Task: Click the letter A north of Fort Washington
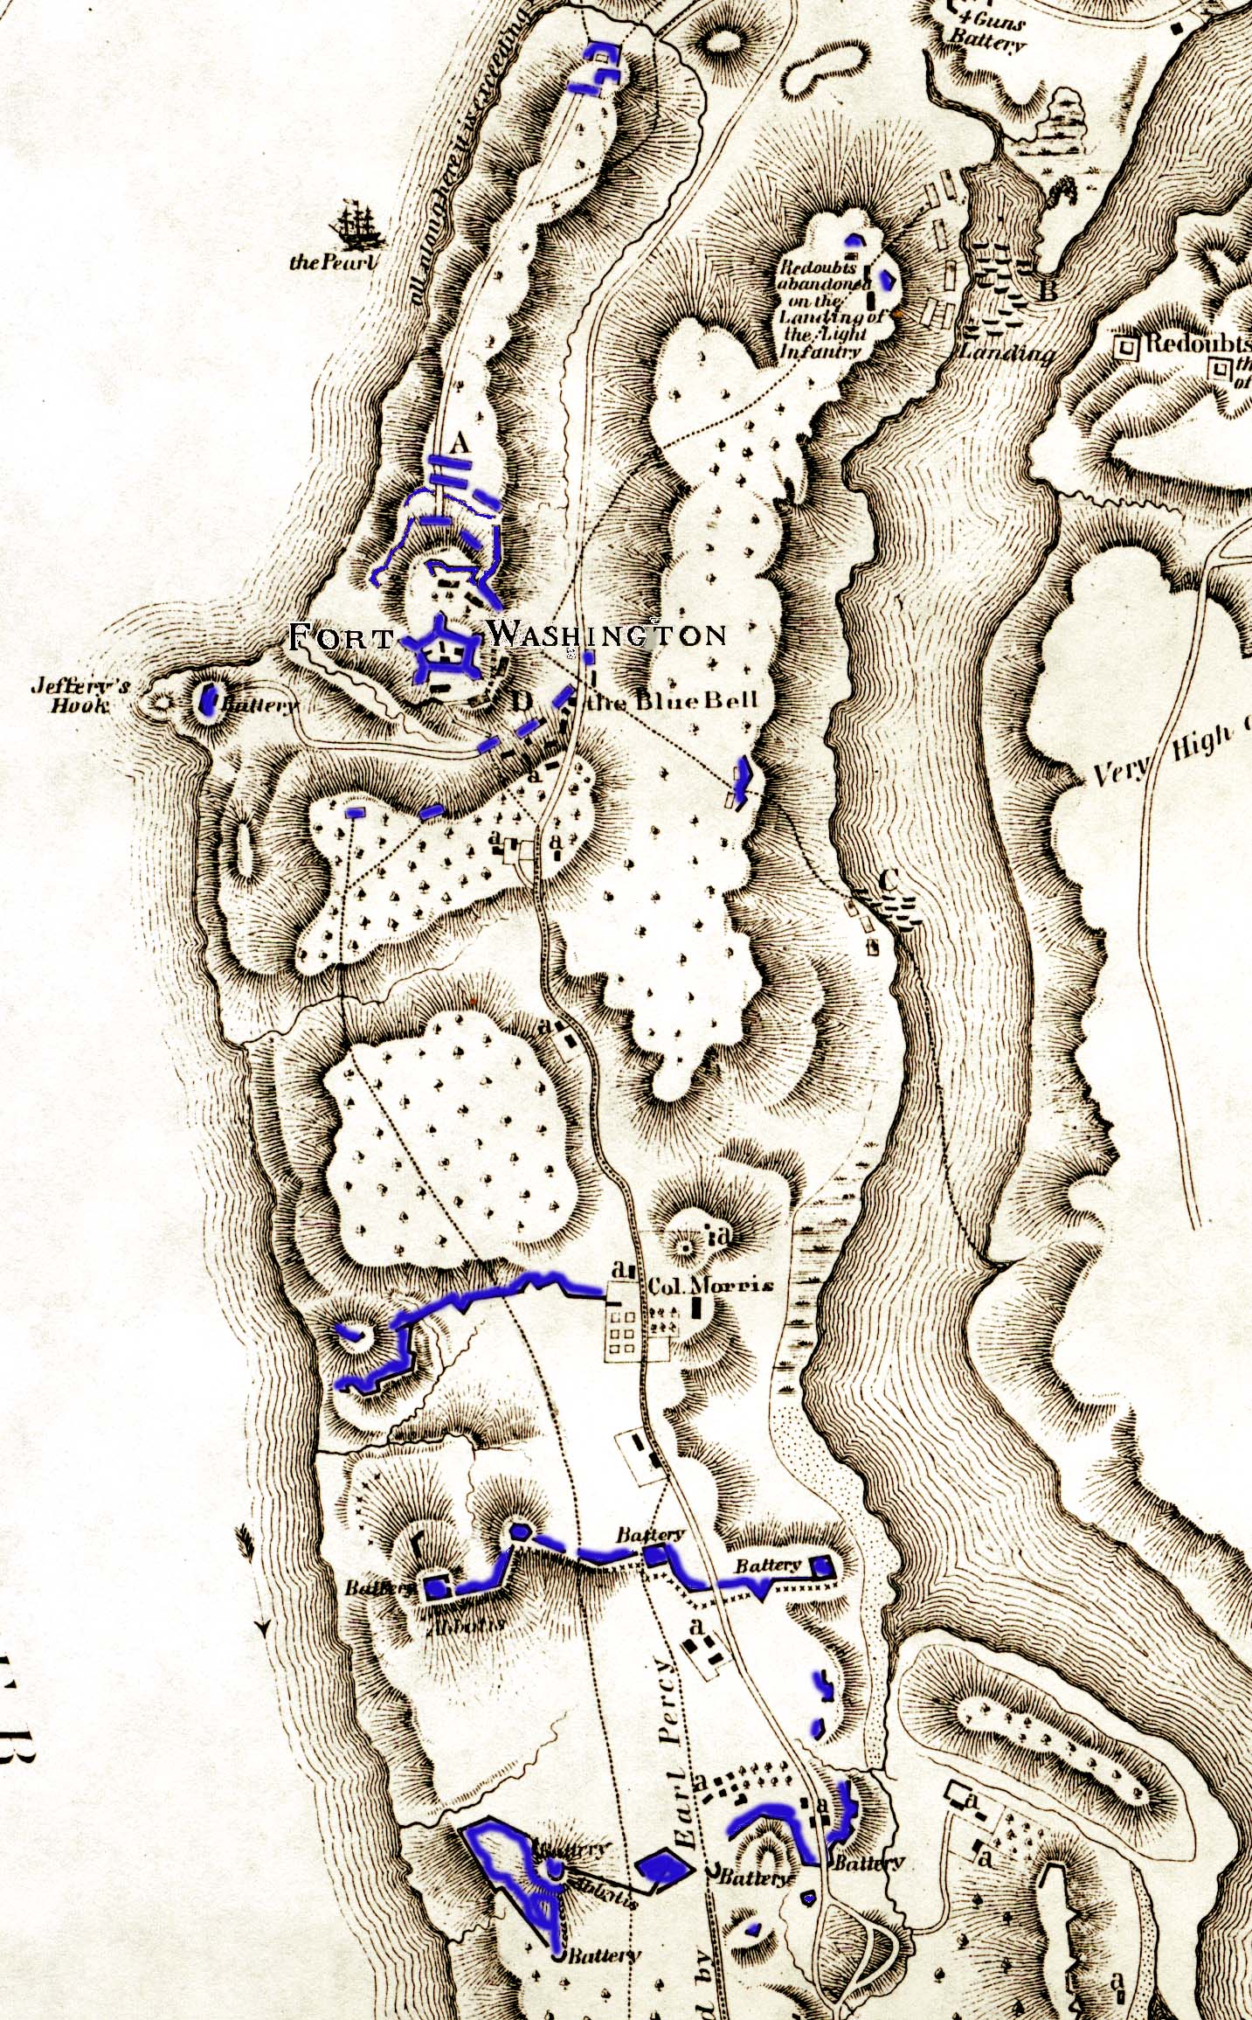pos(458,444)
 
